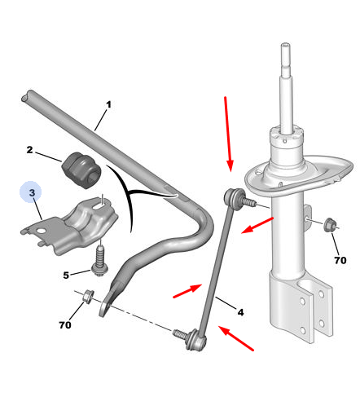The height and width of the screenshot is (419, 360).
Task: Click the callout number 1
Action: click(x=108, y=104)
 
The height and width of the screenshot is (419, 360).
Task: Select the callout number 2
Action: click(x=29, y=150)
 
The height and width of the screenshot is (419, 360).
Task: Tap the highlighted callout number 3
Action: click(x=32, y=192)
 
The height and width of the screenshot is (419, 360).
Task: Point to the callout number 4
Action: click(x=240, y=312)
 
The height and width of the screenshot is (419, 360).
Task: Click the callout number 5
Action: click(x=66, y=276)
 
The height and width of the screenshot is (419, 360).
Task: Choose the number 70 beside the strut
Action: click(x=340, y=260)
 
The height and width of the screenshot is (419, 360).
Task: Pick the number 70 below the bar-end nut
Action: click(x=65, y=324)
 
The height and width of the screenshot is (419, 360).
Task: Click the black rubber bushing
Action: click(x=81, y=170)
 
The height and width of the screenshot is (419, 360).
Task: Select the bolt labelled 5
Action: click(x=100, y=261)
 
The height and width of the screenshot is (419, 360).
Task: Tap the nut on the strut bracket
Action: click(x=330, y=225)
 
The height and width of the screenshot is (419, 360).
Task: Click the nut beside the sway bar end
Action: click(x=88, y=296)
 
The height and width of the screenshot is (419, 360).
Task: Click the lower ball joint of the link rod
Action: click(x=196, y=339)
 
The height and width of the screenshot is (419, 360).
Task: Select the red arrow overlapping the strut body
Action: click(x=257, y=225)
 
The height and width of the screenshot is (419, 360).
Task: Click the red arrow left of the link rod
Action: click(x=187, y=291)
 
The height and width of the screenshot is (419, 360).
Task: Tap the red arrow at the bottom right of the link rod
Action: click(x=236, y=338)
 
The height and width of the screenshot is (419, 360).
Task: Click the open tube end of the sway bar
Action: click(x=26, y=97)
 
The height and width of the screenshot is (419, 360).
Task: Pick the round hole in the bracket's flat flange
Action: click(x=42, y=232)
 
